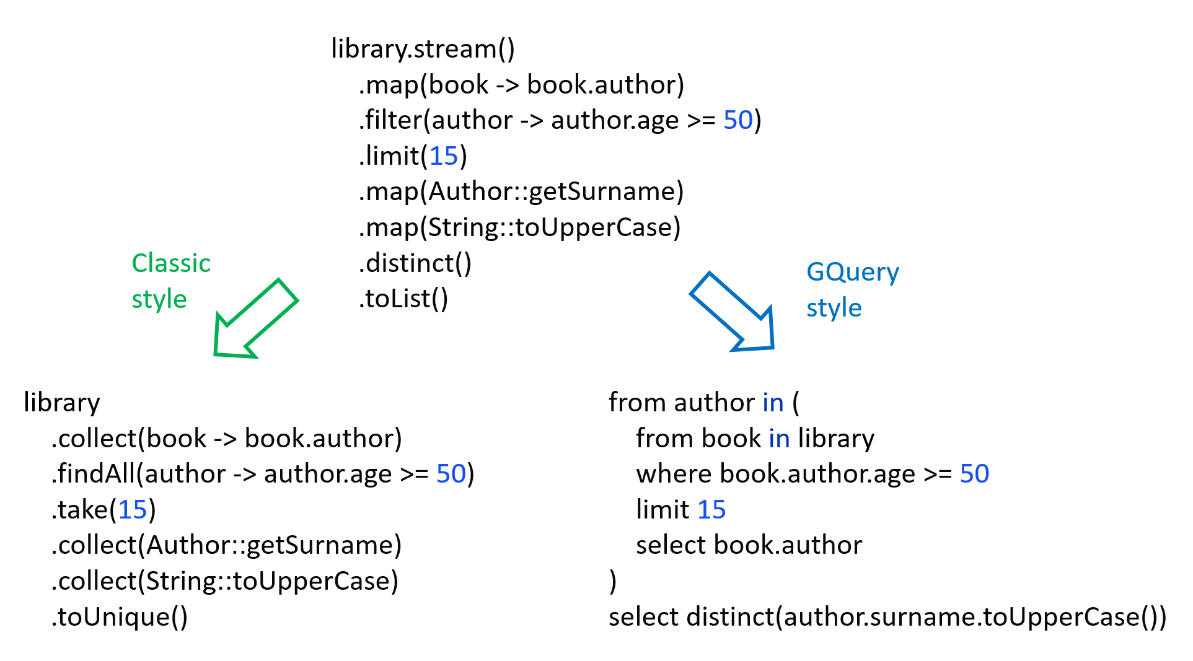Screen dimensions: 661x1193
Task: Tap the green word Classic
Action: point(171,263)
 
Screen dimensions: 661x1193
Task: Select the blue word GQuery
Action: point(852,272)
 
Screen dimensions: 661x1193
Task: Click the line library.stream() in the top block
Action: point(423,49)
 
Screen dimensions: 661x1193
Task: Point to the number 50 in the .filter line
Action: point(737,120)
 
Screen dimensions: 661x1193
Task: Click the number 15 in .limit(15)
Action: point(443,156)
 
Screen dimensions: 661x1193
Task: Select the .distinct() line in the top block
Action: point(415,263)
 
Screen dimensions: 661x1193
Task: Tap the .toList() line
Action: point(403,299)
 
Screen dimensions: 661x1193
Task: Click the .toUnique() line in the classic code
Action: point(119,617)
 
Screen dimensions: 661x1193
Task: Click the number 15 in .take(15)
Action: point(132,510)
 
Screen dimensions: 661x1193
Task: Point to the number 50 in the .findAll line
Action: point(451,474)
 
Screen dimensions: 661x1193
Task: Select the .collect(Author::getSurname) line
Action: point(226,545)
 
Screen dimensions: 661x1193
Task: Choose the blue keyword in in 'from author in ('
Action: point(773,403)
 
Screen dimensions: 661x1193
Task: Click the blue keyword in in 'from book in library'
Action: point(779,439)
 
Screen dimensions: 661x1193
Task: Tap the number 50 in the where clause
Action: point(974,474)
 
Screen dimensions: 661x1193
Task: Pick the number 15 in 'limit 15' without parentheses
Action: point(711,510)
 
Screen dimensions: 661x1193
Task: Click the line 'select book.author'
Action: point(749,545)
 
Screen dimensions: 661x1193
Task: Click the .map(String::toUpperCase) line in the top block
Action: point(519,227)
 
